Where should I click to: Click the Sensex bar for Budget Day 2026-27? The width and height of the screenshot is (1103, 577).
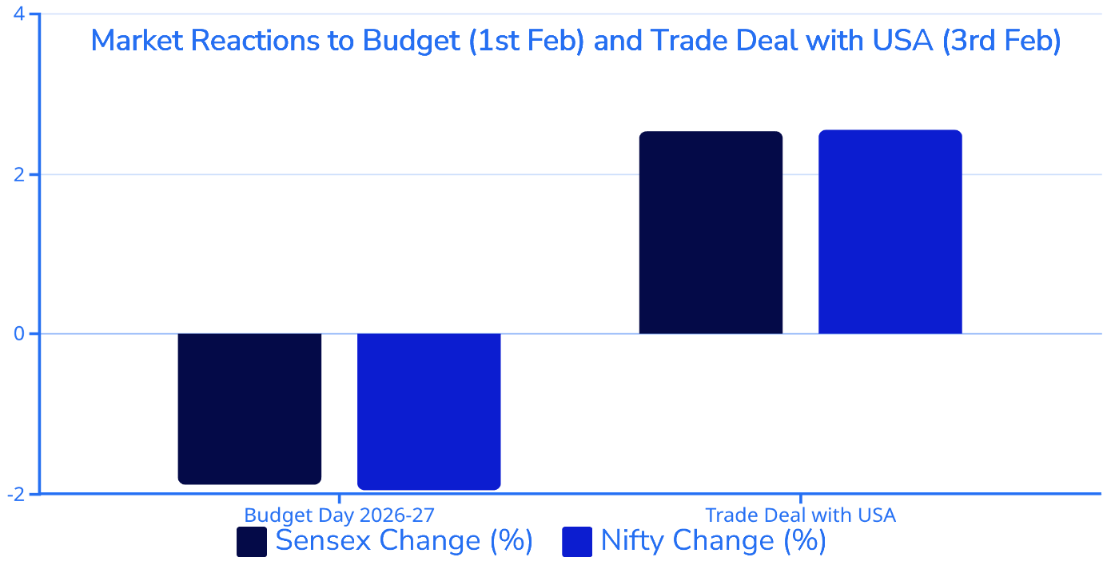click(249, 408)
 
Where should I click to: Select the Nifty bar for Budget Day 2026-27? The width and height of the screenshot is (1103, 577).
click(429, 411)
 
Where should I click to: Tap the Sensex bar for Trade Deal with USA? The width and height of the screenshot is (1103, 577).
click(711, 233)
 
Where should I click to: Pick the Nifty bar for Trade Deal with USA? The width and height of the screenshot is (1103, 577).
click(890, 232)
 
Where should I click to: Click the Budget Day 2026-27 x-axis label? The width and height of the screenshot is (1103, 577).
click(339, 515)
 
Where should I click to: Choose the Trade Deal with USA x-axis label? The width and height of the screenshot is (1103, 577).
click(800, 515)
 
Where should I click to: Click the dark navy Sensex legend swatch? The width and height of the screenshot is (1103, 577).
click(251, 541)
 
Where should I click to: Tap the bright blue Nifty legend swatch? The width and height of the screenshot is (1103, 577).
click(577, 541)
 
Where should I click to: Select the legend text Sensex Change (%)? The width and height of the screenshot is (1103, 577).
click(404, 540)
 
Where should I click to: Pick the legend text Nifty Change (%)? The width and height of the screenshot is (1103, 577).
click(713, 540)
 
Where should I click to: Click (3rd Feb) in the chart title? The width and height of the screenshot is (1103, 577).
click(1001, 40)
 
